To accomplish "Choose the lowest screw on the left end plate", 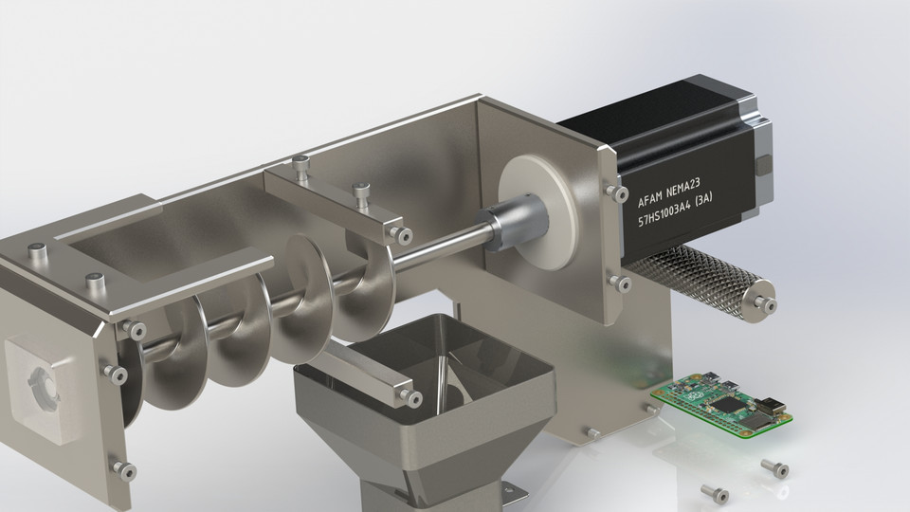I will coord(122,466).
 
